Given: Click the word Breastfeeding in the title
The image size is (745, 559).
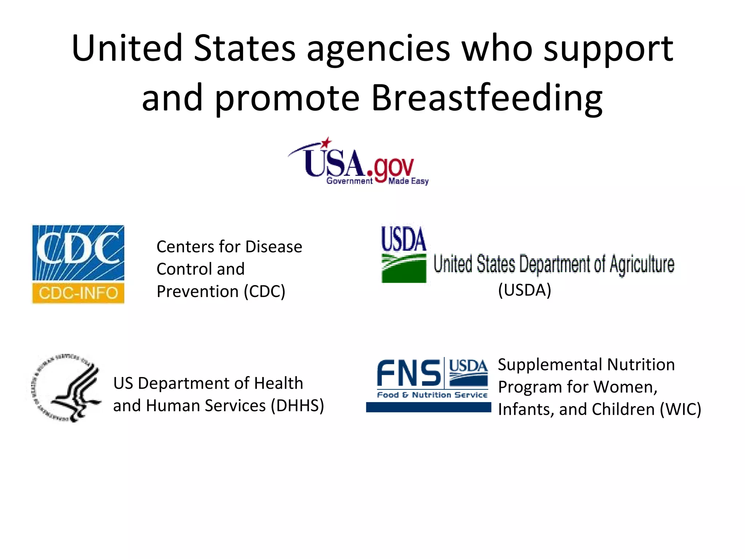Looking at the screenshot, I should [487, 98].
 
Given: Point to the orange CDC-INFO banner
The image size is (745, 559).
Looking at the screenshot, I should [78, 293].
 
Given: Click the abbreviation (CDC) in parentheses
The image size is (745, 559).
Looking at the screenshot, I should [264, 292].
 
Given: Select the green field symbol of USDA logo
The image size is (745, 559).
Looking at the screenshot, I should [403, 268].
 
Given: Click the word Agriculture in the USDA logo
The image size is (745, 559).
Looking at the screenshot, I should [642, 265].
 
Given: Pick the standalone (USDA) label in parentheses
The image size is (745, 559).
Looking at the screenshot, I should [525, 290].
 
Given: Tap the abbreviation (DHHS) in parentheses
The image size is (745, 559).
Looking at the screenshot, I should [297, 405].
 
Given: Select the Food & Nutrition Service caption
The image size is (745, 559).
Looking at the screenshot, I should [432, 395].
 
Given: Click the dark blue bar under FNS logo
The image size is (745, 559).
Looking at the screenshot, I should [428, 407].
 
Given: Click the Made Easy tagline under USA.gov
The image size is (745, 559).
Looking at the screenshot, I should [408, 181].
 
